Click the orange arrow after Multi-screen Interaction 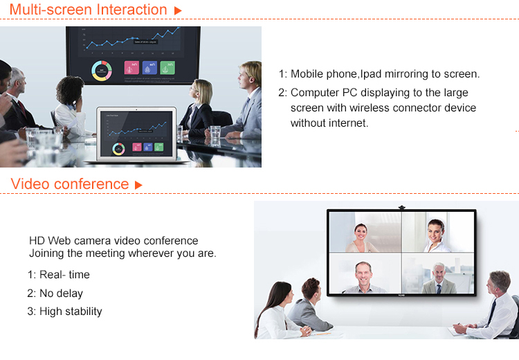[x=178, y=10]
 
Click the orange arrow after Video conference [x=138, y=185]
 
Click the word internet [x=349, y=123]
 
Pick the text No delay [x=61, y=293]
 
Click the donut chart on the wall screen [x=102, y=71]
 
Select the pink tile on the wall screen [x=131, y=68]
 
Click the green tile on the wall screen [x=167, y=68]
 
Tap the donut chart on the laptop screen [x=118, y=149]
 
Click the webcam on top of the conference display [x=402, y=208]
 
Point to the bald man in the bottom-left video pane [x=363, y=278]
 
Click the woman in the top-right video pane [x=436, y=235]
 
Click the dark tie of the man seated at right [x=492, y=312]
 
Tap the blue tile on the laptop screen [x=147, y=147]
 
